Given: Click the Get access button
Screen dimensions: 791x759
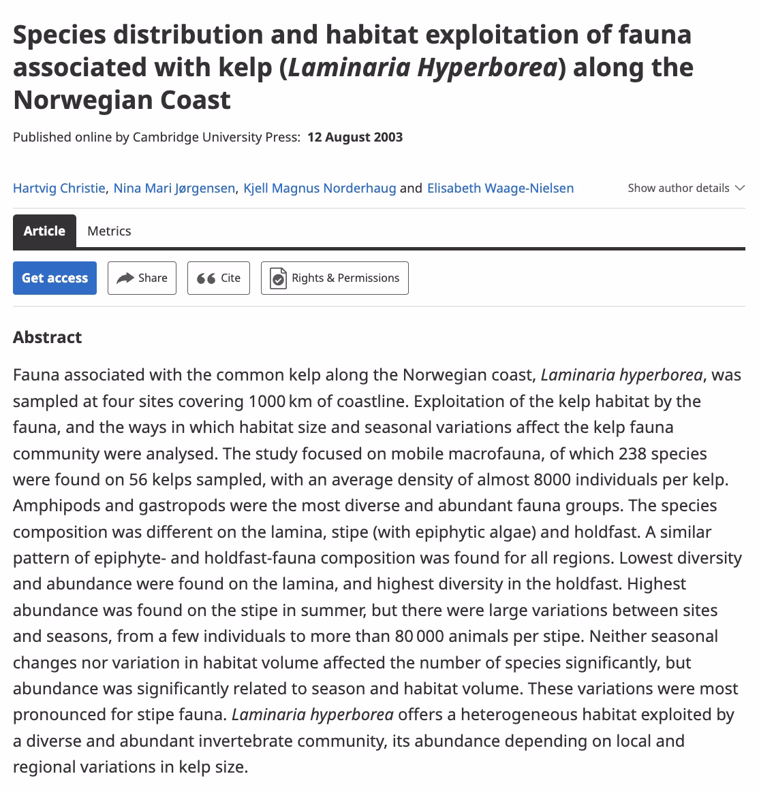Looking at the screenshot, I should coord(55,278).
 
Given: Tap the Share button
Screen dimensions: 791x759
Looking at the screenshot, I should coord(142,278).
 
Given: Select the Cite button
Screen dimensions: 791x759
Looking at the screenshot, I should coord(219,278).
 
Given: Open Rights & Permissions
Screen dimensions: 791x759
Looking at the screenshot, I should coord(335,278).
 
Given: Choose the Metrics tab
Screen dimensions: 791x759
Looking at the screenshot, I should coord(109,231).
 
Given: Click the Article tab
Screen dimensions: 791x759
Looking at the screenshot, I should coord(44,231).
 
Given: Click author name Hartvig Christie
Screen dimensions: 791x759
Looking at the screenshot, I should coord(59,188).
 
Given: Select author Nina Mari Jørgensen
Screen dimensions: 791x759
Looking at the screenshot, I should coord(174,188).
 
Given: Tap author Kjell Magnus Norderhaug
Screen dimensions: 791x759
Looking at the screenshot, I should coord(320,188).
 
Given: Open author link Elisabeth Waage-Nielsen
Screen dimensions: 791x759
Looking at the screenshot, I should coord(500,188).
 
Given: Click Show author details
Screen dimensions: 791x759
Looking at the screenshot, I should coord(679,188).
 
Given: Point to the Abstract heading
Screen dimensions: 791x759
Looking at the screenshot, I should coord(47,337).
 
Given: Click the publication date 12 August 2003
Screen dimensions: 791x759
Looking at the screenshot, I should coord(355,137).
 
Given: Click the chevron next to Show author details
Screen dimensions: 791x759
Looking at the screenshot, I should coord(740,188).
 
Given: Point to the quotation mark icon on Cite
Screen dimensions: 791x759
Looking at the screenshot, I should coord(206,278).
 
